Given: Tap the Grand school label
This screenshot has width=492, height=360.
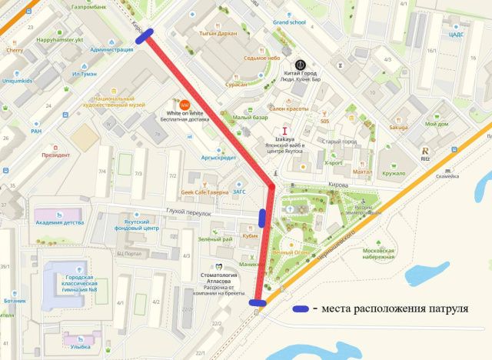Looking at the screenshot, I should pyautogui.click(x=289, y=22).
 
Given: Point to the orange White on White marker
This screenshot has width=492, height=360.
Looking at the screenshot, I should pyautogui.click(x=184, y=104).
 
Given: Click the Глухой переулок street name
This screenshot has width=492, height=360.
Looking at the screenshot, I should pyautogui.click(x=188, y=212).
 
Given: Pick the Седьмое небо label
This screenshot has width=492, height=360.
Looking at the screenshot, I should pyautogui.click(x=261, y=58).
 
